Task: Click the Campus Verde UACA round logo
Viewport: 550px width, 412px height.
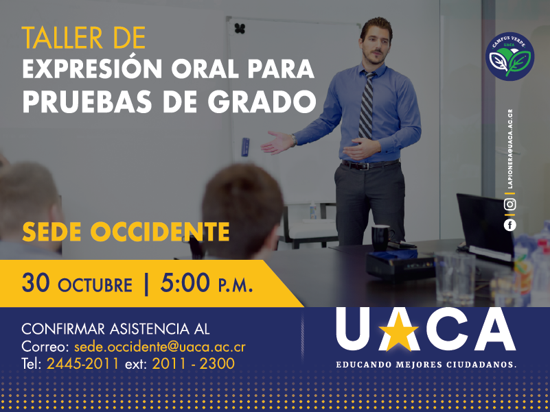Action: coord(509,57)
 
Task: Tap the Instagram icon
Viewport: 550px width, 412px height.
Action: coord(509,204)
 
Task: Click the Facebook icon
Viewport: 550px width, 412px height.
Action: coord(509,225)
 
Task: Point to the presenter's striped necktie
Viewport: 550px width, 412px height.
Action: coord(367,104)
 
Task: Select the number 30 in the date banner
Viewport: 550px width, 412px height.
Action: coord(36,282)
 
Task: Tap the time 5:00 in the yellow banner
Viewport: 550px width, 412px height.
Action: coord(185,282)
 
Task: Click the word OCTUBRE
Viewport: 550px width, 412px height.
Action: coord(95,285)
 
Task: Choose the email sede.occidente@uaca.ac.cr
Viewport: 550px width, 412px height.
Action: coord(159,347)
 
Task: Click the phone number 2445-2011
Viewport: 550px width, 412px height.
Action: coord(83,363)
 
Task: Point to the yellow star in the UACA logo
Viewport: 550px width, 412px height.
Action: coord(398,332)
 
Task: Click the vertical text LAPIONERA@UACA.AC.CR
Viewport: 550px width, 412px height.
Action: coord(509,149)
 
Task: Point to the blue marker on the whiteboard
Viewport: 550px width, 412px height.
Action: coord(245,147)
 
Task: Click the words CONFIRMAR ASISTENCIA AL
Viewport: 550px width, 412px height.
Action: coord(115,329)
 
